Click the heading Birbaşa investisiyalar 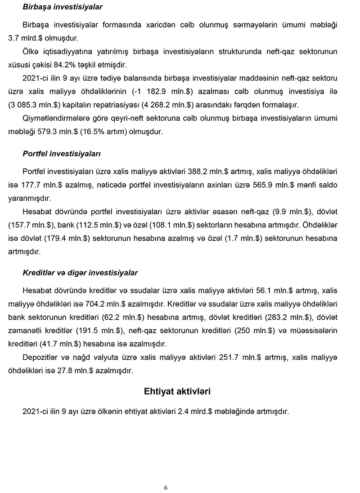coord(63,7)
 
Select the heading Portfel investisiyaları coord(62,154)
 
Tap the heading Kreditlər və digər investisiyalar coord(80,273)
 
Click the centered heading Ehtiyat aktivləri coord(177,391)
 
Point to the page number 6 coord(166,488)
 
